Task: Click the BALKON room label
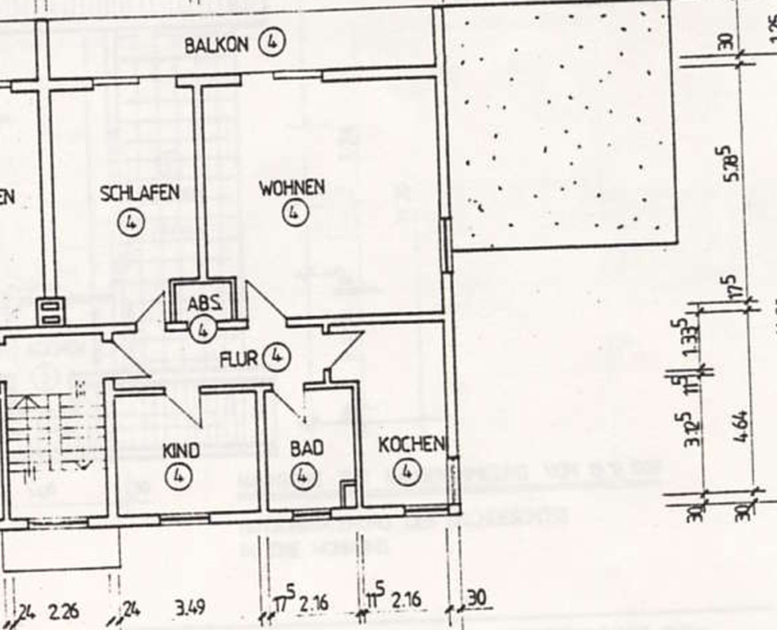click(217, 44)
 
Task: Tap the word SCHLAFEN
click(139, 192)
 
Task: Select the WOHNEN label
click(291, 186)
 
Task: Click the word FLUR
click(238, 360)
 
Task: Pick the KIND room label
click(181, 451)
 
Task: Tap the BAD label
click(306, 449)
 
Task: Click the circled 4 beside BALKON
click(272, 42)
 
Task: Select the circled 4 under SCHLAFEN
click(132, 222)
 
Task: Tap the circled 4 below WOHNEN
click(292, 213)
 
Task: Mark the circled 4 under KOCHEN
click(407, 472)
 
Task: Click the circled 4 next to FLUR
click(276, 357)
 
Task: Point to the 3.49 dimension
click(191, 606)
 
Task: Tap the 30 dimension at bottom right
click(476, 598)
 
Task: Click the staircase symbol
click(50, 437)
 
